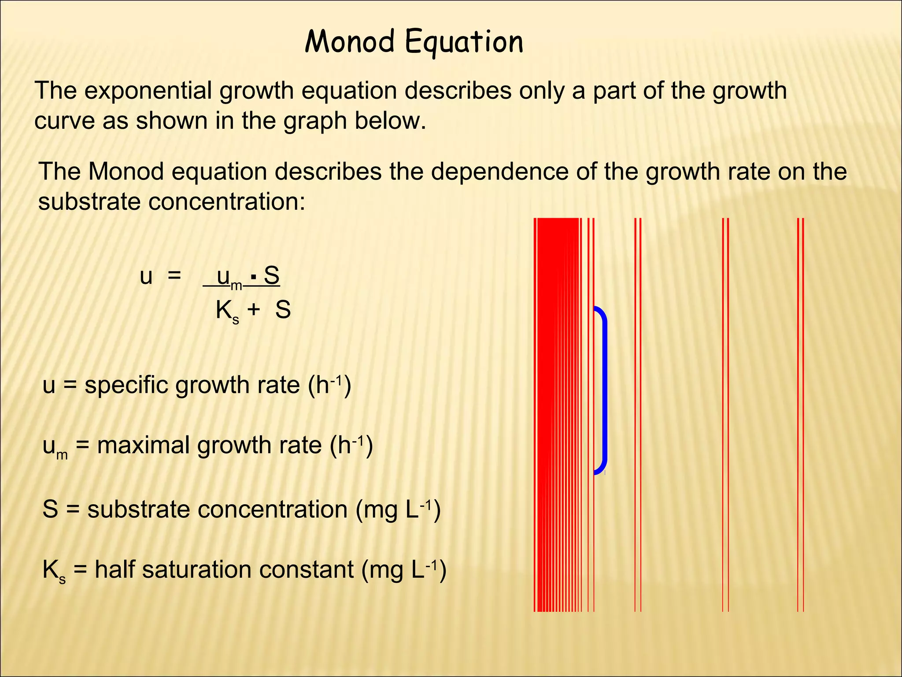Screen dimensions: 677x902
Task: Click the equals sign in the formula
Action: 174,276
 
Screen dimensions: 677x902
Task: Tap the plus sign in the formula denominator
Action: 253,309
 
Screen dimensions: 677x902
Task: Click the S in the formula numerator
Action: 272,276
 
